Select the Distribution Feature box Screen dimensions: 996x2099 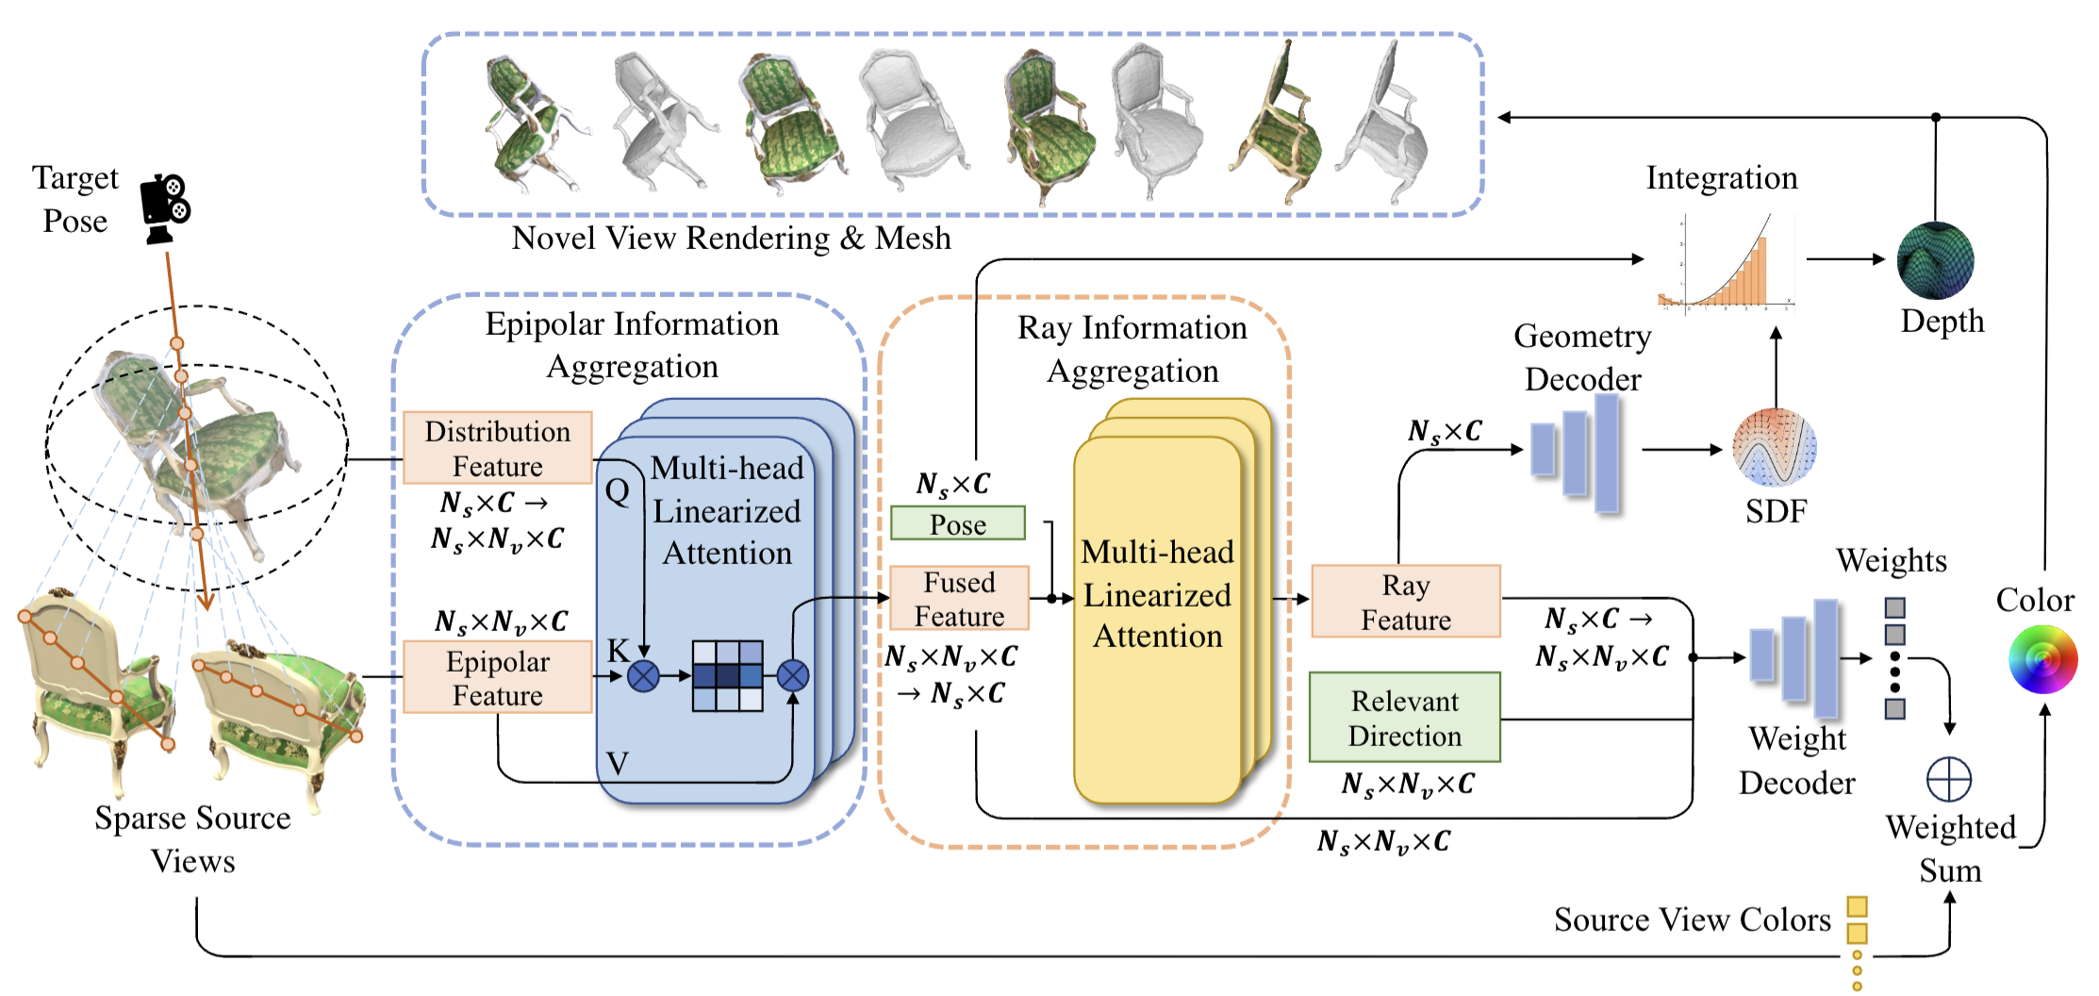coord(497,448)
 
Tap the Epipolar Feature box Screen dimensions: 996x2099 coord(497,677)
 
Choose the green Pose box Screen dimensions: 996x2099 coord(958,523)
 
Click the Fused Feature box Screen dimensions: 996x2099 coord(959,598)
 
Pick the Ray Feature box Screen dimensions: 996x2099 coord(1405,602)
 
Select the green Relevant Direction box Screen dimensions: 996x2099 coord(1404,718)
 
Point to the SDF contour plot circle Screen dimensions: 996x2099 coord(1775,448)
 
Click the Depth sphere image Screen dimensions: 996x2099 coord(1935,260)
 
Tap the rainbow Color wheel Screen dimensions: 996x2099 coord(2042,659)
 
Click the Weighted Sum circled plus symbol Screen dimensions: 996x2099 coord(1948,780)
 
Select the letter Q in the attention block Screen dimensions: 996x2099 coord(618,490)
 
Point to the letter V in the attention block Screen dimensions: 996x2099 coord(618,762)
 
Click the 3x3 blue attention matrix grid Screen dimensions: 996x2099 coord(727,675)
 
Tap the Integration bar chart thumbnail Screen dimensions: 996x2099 coord(1726,262)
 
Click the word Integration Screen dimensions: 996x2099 coord(1722,177)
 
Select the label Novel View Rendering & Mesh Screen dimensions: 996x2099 coord(731,238)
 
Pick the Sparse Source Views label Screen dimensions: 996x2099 coord(192,838)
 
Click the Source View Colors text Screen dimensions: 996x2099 coord(1692,920)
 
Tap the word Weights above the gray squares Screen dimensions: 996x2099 coord(1891,561)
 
